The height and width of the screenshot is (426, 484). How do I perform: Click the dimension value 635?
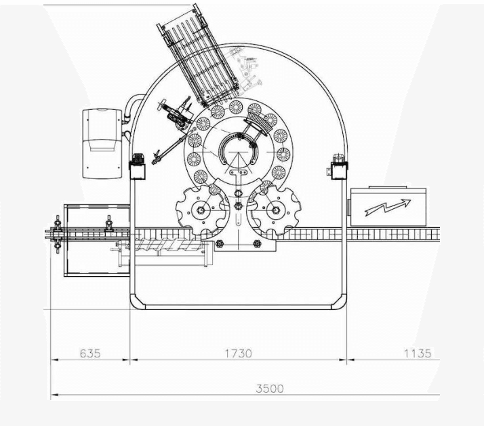point(90,353)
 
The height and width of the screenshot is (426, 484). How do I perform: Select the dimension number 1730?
point(238,353)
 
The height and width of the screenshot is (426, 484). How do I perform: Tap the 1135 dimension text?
point(418,353)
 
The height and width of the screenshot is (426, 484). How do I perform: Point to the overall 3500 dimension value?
point(270,388)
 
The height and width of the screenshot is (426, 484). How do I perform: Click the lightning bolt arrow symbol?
point(388,208)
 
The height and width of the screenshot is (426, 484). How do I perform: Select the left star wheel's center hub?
point(201,210)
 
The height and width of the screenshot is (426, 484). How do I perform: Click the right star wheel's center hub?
point(276,210)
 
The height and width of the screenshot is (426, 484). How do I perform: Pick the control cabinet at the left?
point(102,144)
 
